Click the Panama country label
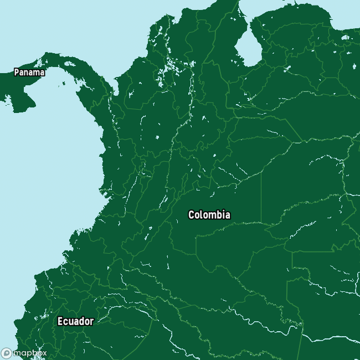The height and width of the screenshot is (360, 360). [x=29, y=72]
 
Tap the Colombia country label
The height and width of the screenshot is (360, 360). [x=209, y=215]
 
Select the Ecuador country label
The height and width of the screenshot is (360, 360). [x=75, y=321]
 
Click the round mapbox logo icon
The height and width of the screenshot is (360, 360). [x=7, y=353]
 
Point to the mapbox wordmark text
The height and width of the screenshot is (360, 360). [x=30, y=353]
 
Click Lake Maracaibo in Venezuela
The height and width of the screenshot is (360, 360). [x=245, y=50]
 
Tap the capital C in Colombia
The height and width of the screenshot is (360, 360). [x=192, y=215]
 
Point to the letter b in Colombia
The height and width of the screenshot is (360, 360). [x=217, y=215]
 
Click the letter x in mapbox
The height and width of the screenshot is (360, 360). [x=44, y=353]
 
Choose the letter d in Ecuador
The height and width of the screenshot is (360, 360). [x=79, y=321]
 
